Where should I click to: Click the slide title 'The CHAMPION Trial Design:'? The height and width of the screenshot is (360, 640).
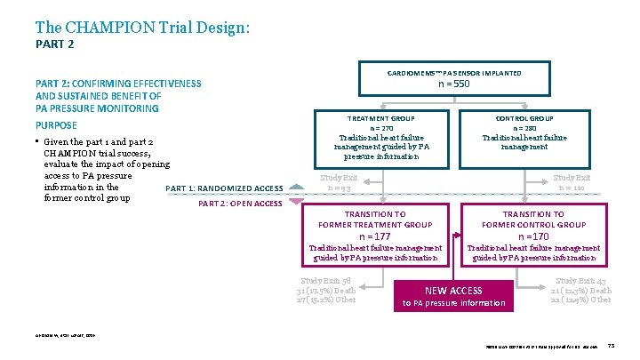(142, 28)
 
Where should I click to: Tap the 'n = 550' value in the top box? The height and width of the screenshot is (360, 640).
(454, 85)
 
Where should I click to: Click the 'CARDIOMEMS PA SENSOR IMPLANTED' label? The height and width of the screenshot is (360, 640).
(454, 73)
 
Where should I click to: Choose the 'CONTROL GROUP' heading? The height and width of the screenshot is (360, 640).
(524, 118)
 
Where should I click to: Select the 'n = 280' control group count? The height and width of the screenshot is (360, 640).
(524, 128)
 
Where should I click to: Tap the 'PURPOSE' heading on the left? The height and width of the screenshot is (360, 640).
(56, 125)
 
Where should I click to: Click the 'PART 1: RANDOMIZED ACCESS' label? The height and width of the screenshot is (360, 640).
(224, 188)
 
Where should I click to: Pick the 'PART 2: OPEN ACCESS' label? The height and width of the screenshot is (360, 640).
(239, 204)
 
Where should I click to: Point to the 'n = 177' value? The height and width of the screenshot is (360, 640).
(375, 236)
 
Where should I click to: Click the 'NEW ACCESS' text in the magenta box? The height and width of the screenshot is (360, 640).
(453, 291)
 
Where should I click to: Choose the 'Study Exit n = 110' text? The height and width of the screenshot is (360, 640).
(572, 182)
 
